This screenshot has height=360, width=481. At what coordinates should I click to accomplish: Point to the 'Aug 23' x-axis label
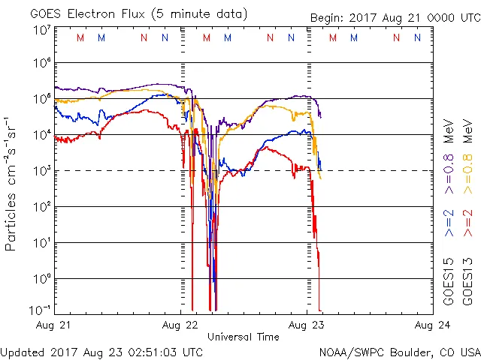307,325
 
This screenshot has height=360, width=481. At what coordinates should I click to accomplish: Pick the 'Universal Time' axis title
244,337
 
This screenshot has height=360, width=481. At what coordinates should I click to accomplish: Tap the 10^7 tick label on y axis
42,31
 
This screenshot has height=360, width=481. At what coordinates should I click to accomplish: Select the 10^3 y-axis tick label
42,171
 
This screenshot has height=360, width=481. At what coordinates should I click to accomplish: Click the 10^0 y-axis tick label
42,278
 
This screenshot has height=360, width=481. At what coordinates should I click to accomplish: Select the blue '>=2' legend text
449,223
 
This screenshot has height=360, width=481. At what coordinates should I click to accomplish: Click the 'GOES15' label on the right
449,283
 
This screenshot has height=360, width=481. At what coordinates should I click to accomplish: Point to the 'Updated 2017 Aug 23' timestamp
101,351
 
